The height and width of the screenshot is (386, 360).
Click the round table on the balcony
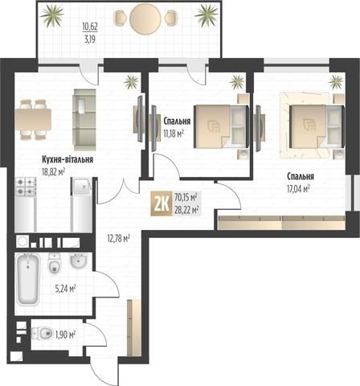point(145,18)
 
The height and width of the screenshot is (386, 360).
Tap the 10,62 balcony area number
point(90,27)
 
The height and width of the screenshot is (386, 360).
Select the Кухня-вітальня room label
point(67,159)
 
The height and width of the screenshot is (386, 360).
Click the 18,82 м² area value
point(54,171)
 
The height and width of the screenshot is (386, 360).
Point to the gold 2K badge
point(162,203)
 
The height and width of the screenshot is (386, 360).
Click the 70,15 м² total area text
point(186,198)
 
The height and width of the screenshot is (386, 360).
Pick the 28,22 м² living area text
point(186,209)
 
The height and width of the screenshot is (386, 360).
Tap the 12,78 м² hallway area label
point(119,238)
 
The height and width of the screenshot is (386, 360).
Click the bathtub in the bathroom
point(28,279)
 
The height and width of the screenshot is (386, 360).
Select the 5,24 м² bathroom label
point(65,289)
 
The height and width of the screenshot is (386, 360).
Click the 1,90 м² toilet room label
point(65,335)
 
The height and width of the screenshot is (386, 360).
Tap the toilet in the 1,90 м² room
point(43,334)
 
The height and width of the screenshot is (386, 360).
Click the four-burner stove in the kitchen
point(26,187)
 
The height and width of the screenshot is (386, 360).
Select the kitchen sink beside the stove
point(81,187)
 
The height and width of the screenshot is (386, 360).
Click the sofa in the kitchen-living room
point(84,120)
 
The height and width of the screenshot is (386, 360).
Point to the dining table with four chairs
point(33,119)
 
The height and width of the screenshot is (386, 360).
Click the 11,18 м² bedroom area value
point(174,133)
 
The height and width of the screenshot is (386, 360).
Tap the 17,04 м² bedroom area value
point(298,189)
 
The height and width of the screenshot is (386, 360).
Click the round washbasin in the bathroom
point(79,261)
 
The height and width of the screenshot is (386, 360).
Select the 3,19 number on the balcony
point(90,39)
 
